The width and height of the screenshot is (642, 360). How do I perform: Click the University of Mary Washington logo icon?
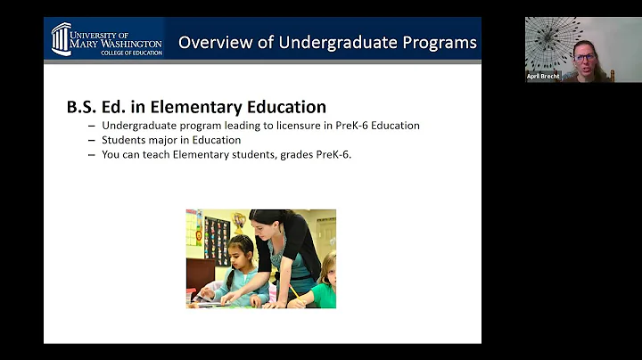(61, 38)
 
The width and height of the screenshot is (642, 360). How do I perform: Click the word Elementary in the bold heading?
(191, 107)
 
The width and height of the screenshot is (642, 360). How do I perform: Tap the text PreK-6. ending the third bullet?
(334, 154)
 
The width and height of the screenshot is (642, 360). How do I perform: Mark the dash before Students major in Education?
(92, 140)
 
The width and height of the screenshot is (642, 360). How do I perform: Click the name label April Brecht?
(542, 77)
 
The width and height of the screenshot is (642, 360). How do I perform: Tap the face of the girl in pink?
(240, 253)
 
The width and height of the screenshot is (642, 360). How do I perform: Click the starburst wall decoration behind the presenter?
(546, 40)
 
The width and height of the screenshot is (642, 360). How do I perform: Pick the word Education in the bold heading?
(282, 107)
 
